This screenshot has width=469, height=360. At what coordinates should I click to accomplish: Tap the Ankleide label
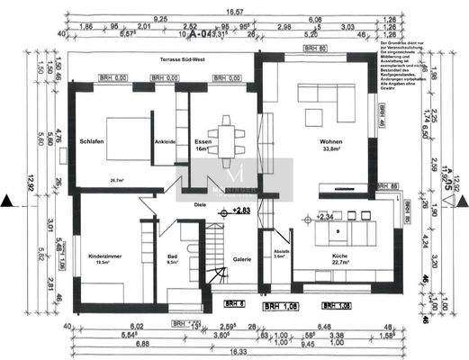pos(164,141)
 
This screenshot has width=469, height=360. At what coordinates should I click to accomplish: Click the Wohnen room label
pos(330,142)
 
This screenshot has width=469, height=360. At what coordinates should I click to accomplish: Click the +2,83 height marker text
pos(241,210)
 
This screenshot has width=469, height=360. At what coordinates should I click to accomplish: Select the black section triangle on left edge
pos(7,200)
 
